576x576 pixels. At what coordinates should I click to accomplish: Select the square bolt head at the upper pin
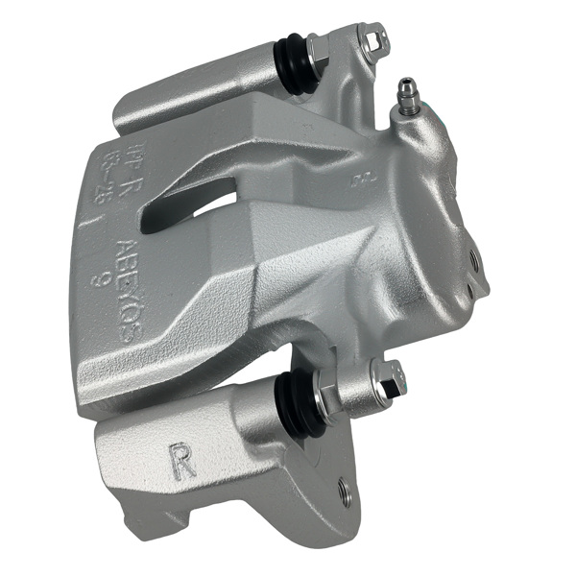[373, 37]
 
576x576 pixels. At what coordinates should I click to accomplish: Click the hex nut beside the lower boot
[329, 394]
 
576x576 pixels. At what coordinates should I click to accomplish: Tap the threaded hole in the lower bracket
[346, 493]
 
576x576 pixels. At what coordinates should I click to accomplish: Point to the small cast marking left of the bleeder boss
[362, 179]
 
